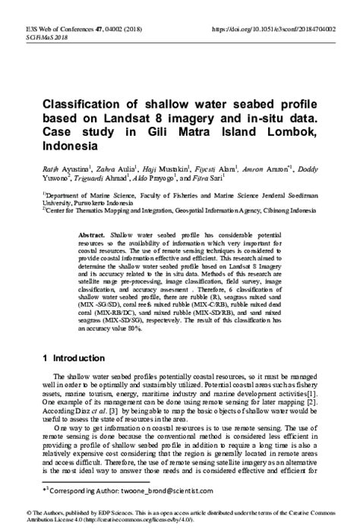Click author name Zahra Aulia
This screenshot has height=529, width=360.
click(111, 169)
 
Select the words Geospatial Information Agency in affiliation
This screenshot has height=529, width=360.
click(202, 212)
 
